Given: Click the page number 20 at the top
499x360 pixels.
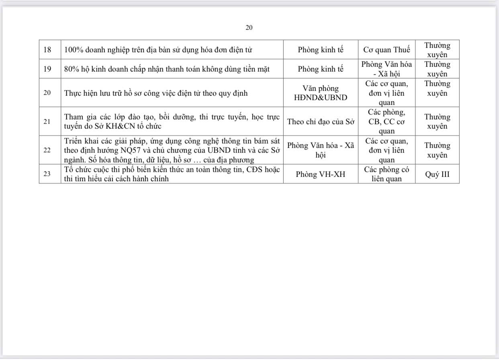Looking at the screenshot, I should click(x=249, y=28).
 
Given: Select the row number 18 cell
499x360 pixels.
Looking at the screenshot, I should click(x=48, y=50).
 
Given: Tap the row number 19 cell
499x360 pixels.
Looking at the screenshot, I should click(x=48, y=69).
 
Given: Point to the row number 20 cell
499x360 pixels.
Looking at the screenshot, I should click(x=48, y=93).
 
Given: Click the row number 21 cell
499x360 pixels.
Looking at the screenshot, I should click(x=48, y=121).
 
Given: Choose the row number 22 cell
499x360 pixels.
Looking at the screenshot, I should click(x=48, y=150).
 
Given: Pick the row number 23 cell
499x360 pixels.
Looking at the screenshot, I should click(x=48, y=174).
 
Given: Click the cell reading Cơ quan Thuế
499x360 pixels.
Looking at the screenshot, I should click(x=387, y=50).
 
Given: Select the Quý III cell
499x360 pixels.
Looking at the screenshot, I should click(x=437, y=174).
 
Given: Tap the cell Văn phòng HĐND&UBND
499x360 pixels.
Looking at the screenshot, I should click(x=321, y=93).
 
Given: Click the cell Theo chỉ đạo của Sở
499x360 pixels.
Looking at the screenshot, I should click(x=321, y=121).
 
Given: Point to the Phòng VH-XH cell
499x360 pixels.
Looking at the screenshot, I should click(x=321, y=174).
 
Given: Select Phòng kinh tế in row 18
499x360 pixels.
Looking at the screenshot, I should click(x=321, y=50).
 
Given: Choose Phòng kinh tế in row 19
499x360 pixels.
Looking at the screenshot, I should click(x=321, y=69).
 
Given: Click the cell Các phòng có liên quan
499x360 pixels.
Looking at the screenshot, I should click(x=387, y=174).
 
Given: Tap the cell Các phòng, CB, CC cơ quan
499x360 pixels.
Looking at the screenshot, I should click(x=387, y=121).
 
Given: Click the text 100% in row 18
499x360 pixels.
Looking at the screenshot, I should click(x=73, y=50).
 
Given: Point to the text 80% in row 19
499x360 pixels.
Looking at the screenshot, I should click(x=71, y=69).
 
